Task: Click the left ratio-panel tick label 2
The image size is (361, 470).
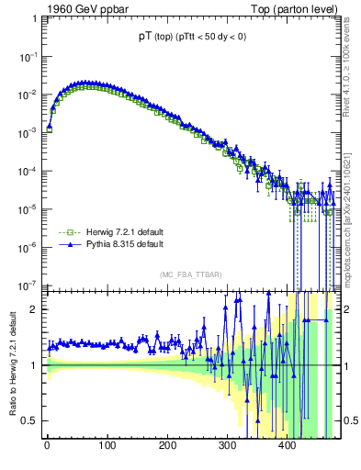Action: click(36, 309)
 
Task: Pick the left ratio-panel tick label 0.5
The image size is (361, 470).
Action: click(32, 420)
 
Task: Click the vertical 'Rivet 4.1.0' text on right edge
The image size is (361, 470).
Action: click(351, 64)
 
